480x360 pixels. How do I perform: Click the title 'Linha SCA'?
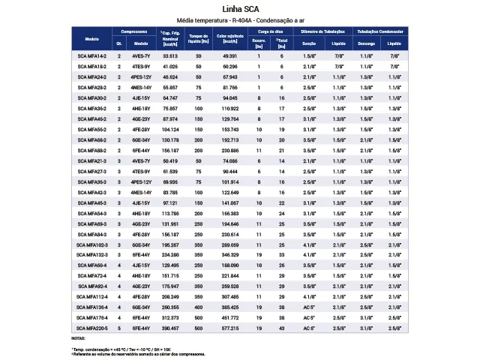240,10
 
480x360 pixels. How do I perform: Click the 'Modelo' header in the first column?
92,37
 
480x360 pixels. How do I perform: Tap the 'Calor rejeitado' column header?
230,37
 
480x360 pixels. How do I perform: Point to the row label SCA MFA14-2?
92,56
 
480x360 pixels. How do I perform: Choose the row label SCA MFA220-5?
92,328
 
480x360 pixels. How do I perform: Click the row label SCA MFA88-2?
92,150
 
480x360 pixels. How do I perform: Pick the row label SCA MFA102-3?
92,244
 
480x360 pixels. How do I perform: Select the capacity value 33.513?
169,56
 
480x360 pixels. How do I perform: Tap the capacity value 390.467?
169,328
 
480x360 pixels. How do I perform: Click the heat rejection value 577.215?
230,328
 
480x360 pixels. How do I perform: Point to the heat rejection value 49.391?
230,56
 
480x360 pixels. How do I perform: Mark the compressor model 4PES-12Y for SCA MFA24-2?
141,77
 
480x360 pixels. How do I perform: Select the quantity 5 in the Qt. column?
119,328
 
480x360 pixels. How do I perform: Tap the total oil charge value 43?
282,328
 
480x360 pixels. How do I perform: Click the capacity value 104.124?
169,130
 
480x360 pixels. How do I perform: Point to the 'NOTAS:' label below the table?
79,339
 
